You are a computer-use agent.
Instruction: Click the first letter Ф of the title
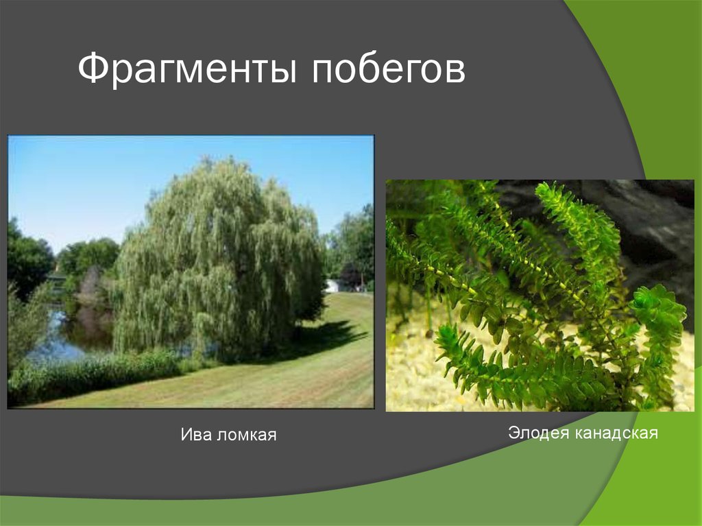coord(90,70)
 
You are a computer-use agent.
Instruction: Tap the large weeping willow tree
coord(219,261)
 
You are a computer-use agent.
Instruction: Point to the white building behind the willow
coord(332,285)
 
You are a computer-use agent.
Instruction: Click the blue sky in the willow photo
coord(103,178)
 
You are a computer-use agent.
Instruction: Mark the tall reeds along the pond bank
coord(89,377)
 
